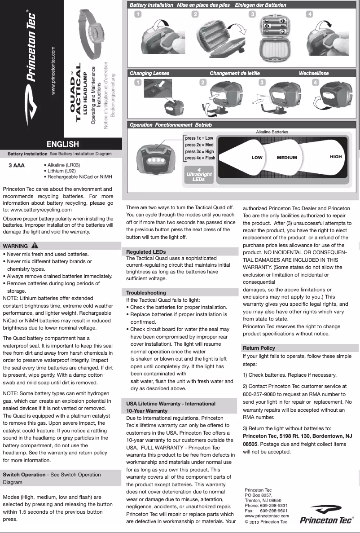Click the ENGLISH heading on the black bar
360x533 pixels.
pyautogui.click(x=63, y=144)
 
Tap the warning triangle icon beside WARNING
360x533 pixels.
pyautogui.click(x=35, y=246)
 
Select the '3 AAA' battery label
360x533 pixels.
pyautogui.click(x=17, y=165)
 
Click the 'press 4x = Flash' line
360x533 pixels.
pyautogui.click(x=200, y=158)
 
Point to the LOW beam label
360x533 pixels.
pyautogui.click(x=257, y=158)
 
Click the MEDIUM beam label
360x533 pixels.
pyautogui.click(x=287, y=158)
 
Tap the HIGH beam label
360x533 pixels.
pyautogui.click(x=335, y=157)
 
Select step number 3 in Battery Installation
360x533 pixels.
pyautogui.click(x=253, y=14)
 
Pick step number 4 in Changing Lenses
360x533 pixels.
pyautogui.click(x=316, y=82)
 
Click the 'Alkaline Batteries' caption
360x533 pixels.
pyautogui.click(x=272, y=132)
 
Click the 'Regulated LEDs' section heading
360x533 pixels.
pyautogui.click(x=146, y=252)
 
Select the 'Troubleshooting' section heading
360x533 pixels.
pyautogui.click(x=146, y=293)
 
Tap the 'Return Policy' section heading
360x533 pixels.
pyautogui.click(x=259, y=348)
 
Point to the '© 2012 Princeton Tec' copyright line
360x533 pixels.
pyautogui.click(x=266, y=522)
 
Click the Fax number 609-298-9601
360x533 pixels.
pyautogui.click(x=274, y=511)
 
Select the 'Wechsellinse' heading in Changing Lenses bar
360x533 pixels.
pyautogui.click(x=314, y=73)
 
